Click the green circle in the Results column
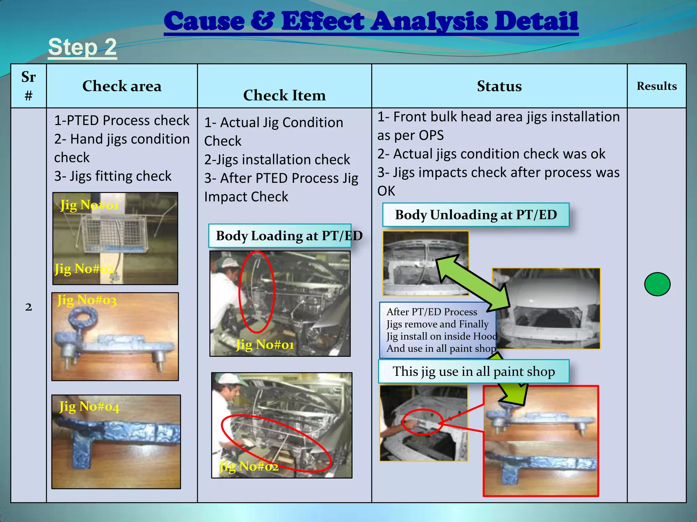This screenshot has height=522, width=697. point(657,284)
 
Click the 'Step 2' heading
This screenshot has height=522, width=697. point(82,47)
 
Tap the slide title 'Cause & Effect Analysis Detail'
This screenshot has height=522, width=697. point(371,21)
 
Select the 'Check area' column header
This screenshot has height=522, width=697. point(122,86)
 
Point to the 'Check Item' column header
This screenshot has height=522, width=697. point(285,95)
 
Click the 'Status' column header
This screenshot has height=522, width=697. point(499,86)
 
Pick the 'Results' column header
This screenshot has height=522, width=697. point(657,86)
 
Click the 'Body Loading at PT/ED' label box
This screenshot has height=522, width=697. point(280,236)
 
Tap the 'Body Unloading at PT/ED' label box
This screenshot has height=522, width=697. point(476,215)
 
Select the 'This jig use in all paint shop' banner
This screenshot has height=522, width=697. point(474,371)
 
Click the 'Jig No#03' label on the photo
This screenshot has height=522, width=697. point(87,300)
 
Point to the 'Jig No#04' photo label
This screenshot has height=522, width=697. point(89,406)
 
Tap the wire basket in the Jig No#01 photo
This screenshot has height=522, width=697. point(114,233)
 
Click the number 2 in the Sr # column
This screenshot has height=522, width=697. point(29,307)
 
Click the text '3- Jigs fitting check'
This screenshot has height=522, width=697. point(113,176)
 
